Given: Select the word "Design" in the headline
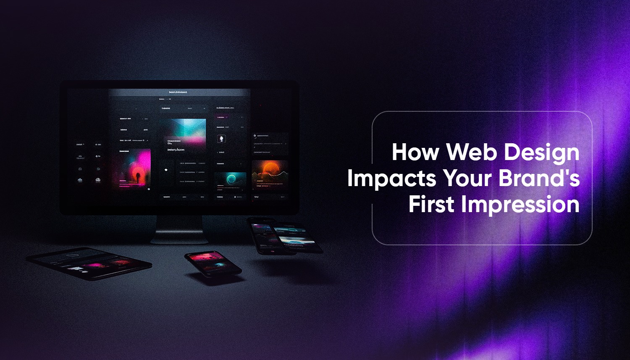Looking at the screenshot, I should coord(542,153).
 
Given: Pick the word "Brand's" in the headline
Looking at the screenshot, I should coord(539,178).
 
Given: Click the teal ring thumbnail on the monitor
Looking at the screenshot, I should coord(230,180).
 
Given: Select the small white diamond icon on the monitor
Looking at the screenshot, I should coord(166,170).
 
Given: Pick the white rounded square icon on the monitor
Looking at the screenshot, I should coord(221,139).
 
